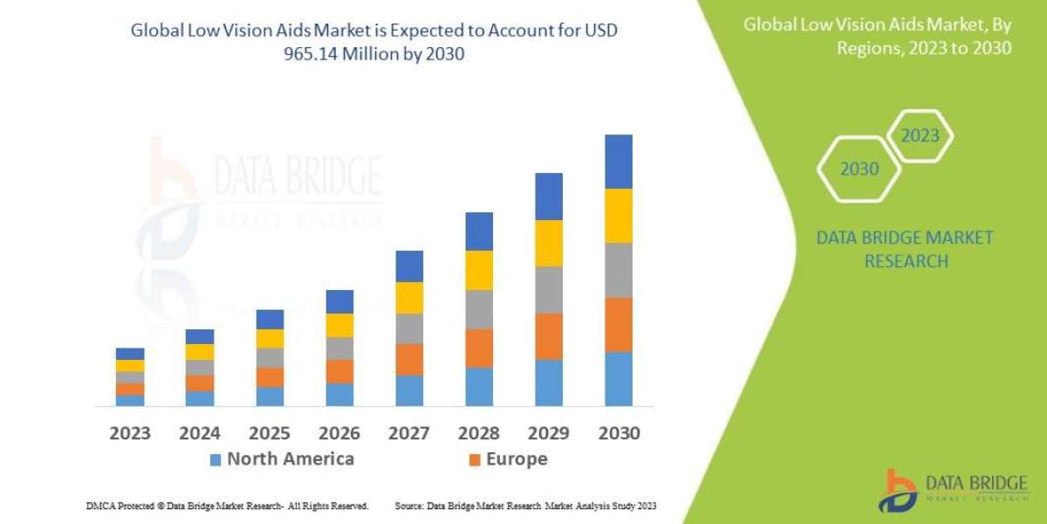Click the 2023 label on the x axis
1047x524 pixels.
pos(130,433)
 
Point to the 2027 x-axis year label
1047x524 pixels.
pos(408,433)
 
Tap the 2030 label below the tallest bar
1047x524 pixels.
pos(618,433)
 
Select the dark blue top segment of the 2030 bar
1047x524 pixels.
pos(618,162)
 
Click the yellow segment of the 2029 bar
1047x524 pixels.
pos(549,243)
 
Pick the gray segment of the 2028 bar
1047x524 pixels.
pos(479,309)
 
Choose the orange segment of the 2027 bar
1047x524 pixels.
pos(409,359)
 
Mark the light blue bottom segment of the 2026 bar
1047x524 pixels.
pos(339,395)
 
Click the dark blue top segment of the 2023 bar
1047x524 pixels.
pos(130,354)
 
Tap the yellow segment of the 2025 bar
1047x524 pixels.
pos(270,339)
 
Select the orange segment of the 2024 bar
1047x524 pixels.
pos(200,383)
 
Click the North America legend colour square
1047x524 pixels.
pos(216,459)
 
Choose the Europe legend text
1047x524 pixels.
pos(517,459)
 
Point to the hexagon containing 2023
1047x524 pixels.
pos(919,135)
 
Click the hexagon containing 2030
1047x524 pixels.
pos(859,169)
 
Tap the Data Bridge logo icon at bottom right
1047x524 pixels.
pos(899,491)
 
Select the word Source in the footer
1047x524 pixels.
pos(409,506)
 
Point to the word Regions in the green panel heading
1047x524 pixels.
pos(868,48)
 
